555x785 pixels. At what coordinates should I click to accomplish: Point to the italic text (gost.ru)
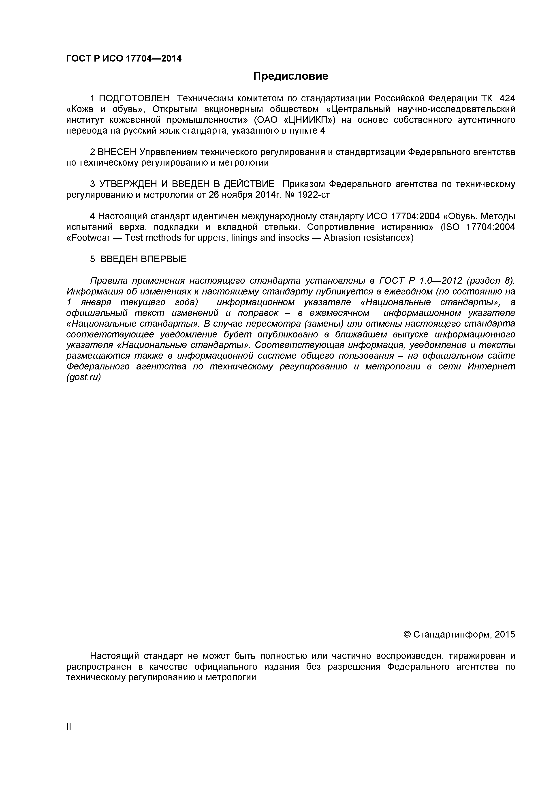83,378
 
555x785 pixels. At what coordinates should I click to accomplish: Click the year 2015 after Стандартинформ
504,635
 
